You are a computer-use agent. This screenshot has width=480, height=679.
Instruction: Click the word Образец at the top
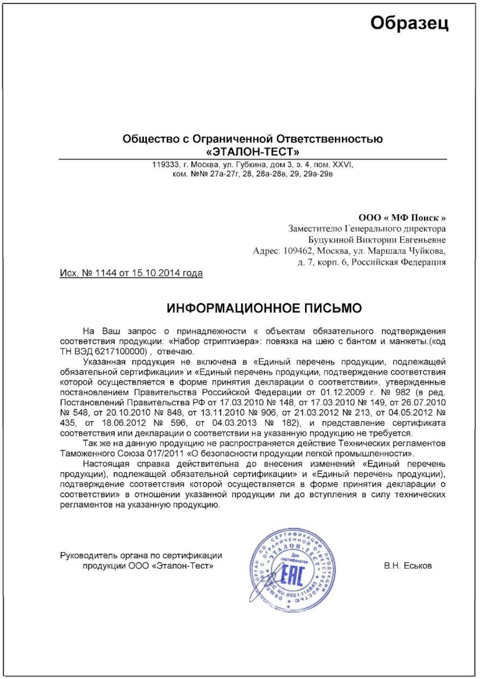coord(410,23)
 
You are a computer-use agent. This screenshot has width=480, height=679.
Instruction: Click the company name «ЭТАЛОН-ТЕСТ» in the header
coord(253,151)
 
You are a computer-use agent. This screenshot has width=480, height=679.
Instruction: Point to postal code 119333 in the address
coord(164,165)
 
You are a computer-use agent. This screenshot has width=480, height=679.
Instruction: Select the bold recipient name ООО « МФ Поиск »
coord(402,218)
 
